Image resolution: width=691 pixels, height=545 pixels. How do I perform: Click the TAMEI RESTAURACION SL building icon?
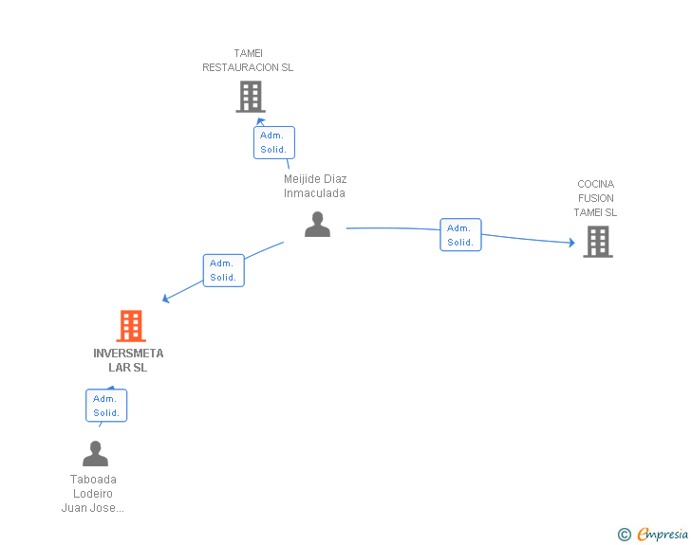(x=250, y=97)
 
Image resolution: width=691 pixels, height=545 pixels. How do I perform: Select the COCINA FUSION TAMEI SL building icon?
(x=597, y=242)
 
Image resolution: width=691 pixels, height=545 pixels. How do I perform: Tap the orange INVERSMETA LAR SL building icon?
(x=131, y=326)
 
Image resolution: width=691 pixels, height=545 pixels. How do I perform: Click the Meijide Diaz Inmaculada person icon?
(x=317, y=225)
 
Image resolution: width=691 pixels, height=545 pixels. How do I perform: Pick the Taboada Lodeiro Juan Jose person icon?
(x=95, y=454)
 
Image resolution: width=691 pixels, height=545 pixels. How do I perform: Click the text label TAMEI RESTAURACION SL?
(x=248, y=61)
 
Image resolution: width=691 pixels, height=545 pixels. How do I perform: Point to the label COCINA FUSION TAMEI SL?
(x=595, y=198)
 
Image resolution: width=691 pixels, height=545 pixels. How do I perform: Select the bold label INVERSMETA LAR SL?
(x=128, y=360)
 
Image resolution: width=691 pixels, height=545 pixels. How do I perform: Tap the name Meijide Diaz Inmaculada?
(x=314, y=186)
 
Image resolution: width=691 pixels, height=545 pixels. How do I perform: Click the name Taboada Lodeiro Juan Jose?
(x=94, y=493)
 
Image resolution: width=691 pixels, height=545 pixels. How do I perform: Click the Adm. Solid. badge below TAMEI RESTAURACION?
(x=273, y=143)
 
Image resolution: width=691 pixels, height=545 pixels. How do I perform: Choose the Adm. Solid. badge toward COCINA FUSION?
(x=460, y=235)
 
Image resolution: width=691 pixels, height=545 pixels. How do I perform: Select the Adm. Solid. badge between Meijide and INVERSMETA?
(x=223, y=270)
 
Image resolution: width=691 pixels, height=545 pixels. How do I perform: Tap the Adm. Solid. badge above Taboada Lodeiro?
(x=106, y=406)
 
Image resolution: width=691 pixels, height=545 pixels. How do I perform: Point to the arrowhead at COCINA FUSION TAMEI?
(x=571, y=244)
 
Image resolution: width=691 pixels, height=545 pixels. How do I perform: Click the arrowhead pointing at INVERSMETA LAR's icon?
(x=166, y=299)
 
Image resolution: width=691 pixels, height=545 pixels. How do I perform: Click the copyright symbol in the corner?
(x=624, y=535)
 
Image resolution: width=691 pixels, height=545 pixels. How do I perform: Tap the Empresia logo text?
(x=663, y=534)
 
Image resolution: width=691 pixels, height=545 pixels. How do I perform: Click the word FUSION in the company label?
(x=595, y=198)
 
